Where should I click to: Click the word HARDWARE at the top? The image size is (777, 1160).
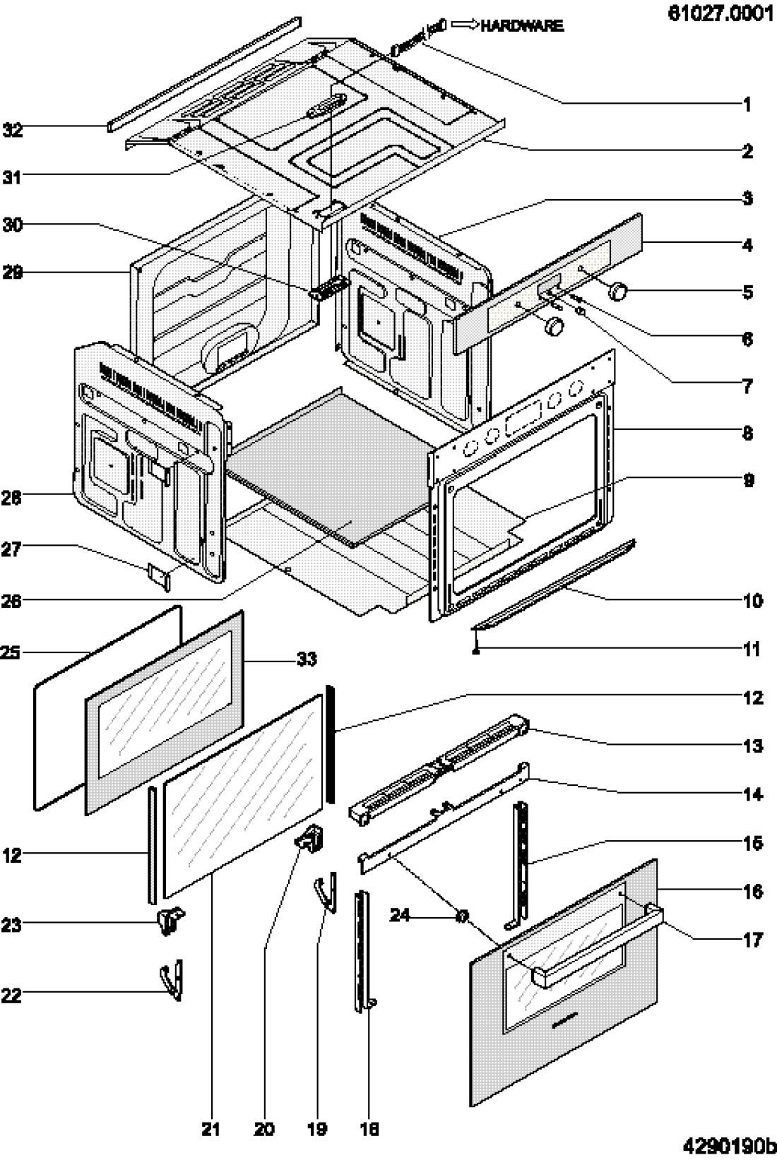click(x=521, y=25)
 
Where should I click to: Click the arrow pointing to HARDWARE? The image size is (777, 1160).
click(x=464, y=24)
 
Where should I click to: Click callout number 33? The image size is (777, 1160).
click(x=306, y=659)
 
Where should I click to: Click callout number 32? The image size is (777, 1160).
click(x=13, y=129)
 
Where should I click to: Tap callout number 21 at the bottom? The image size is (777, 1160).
click(x=210, y=1128)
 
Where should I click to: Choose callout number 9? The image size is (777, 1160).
click(x=749, y=480)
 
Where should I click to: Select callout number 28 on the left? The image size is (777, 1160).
click(x=12, y=498)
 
